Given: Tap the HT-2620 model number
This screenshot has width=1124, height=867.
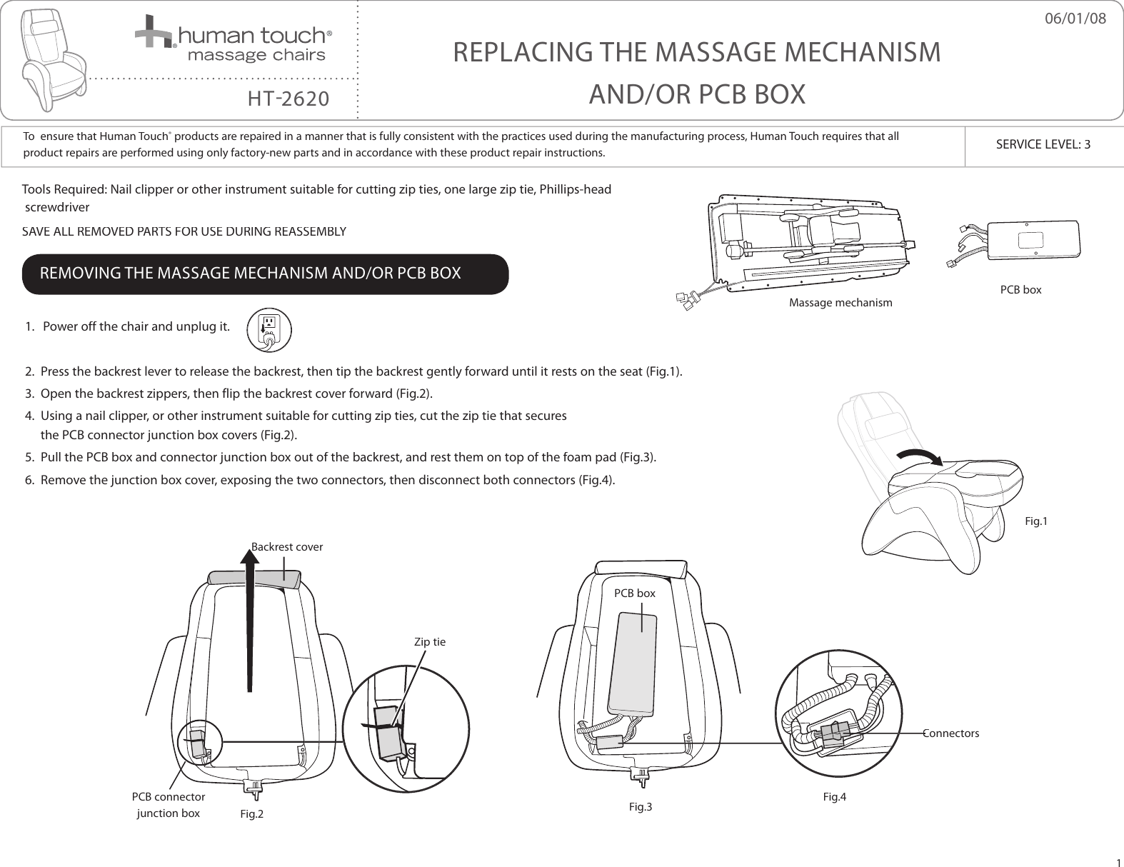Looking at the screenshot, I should coord(288,98).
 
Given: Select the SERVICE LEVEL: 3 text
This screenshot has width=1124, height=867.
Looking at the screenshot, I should coord(1043,144).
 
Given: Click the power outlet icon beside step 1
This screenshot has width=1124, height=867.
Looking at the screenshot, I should coord(269,329).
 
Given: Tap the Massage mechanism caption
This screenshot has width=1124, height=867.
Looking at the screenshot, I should coord(840,303).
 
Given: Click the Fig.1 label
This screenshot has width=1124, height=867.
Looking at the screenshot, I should coord(1036,521).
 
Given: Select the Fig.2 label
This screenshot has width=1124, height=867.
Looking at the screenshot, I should coord(251,814).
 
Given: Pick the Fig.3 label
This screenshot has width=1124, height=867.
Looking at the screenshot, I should coord(641,807).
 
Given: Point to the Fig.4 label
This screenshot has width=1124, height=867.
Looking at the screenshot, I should coord(834,796).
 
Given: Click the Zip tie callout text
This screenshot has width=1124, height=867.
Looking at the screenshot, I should coord(430,642).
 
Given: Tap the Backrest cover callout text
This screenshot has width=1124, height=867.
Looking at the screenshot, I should coord(287,547).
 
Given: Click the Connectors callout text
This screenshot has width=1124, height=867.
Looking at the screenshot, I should coord(951,733).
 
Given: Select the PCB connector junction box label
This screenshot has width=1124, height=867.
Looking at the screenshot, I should coord(169,805).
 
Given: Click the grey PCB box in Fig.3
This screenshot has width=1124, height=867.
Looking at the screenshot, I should coord(631,664).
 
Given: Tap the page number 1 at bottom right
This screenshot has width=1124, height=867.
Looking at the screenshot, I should coord(1118,861).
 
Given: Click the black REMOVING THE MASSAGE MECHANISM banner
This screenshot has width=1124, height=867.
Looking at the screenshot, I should coord(265,274).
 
